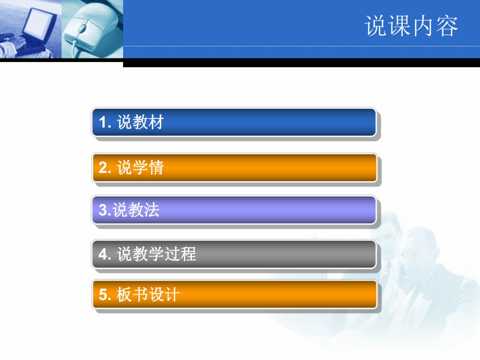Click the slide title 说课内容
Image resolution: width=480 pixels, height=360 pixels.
(x=412, y=26)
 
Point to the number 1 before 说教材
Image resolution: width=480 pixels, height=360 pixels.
(x=103, y=123)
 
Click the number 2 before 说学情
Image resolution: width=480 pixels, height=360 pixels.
(x=103, y=168)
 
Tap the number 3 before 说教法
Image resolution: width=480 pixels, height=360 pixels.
(x=102, y=211)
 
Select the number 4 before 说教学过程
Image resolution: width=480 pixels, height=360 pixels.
(x=103, y=255)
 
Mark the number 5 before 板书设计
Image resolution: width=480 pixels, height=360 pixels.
(x=103, y=295)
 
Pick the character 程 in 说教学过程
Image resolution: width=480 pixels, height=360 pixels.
(x=188, y=254)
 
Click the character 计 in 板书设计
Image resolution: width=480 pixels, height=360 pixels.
(x=172, y=295)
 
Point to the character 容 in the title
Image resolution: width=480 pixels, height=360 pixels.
(x=447, y=26)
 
